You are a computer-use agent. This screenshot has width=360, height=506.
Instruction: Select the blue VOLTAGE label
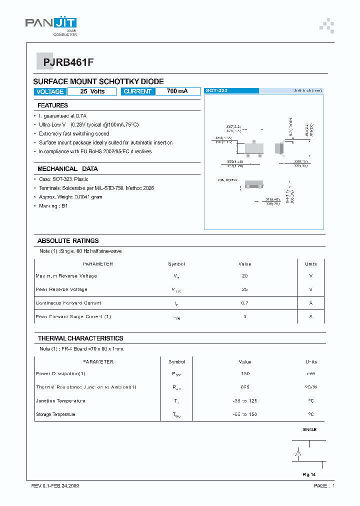[x=50, y=91]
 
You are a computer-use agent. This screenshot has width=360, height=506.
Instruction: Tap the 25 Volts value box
[x=92, y=91]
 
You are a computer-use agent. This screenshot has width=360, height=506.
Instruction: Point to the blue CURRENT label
[x=137, y=91]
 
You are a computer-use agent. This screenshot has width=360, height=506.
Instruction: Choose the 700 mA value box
[x=177, y=91]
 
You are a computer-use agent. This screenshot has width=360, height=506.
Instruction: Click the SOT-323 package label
[x=216, y=90]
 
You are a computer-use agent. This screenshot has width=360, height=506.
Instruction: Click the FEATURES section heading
[x=52, y=105]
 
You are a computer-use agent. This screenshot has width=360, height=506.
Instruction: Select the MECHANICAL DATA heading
[x=67, y=169]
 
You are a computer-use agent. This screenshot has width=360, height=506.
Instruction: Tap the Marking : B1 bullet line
[x=53, y=206]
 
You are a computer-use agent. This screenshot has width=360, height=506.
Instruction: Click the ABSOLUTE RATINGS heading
[x=68, y=240]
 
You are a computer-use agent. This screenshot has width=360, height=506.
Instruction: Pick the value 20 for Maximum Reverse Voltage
[x=244, y=276]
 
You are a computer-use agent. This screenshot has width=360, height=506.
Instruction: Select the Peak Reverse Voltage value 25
[x=244, y=289]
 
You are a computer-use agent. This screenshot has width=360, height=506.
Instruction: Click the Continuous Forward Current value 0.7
[x=244, y=303]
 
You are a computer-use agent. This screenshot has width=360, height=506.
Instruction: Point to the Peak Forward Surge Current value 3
[x=244, y=316]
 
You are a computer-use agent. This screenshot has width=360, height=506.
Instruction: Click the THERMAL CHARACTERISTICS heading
[x=80, y=338]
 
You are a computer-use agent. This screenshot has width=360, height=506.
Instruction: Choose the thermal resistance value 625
[x=244, y=387]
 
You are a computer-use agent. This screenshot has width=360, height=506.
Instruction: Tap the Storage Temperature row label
[x=55, y=414]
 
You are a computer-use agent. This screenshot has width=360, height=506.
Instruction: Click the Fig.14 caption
[x=309, y=474]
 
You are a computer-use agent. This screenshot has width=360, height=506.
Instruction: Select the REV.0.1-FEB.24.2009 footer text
[x=55, y=486]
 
